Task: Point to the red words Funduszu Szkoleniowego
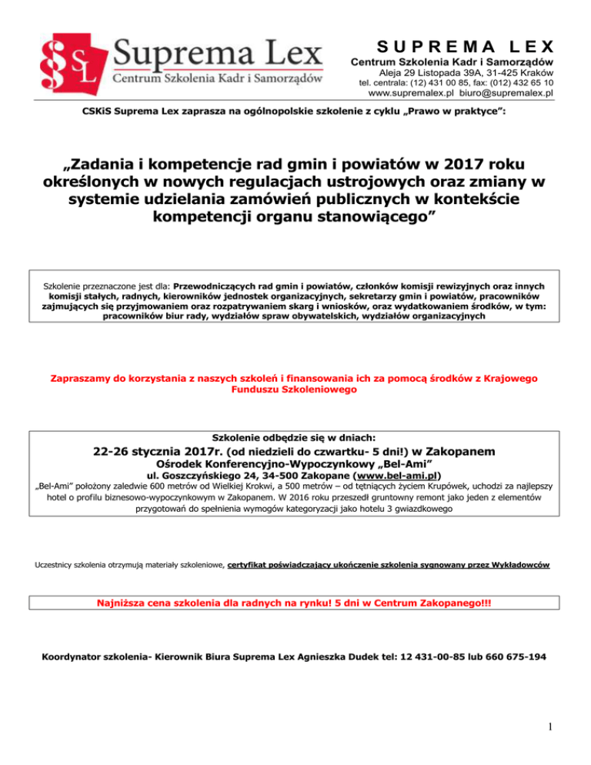(x=295, y=390)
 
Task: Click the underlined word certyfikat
(x=252, y=566)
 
